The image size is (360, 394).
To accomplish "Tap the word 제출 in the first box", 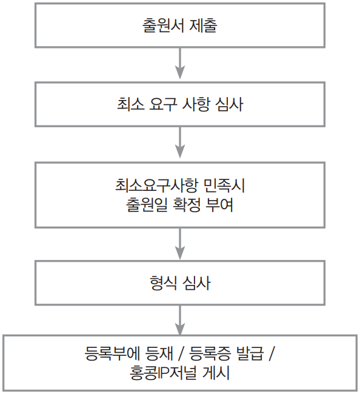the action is (x=203, y=25).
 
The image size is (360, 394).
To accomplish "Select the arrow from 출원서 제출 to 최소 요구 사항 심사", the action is (x=180, y=63).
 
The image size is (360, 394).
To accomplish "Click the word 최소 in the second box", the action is (x=131, y=104).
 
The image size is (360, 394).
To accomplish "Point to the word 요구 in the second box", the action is (x=163, y=104).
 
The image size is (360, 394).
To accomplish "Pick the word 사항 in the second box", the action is (x=196, y=104).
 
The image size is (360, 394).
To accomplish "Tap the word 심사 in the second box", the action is (x=229, y=104).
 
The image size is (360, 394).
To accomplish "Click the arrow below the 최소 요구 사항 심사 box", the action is (x=180, y=142).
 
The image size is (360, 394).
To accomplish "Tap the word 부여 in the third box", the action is (x=219, y=204).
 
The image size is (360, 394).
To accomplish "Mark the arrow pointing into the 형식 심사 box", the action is (x=180, y=244).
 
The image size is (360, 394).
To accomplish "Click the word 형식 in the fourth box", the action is (x=163, y=283).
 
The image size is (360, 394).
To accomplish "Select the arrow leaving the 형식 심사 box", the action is (x=180, y=320).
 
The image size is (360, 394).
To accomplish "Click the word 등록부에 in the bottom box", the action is (x=113, y=354).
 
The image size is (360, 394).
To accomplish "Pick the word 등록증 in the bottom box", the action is (x=210, y=354).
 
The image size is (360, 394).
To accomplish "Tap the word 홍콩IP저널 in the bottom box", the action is (x=163, y=373).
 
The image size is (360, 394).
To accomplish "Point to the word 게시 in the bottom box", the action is (x=216, y=373).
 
